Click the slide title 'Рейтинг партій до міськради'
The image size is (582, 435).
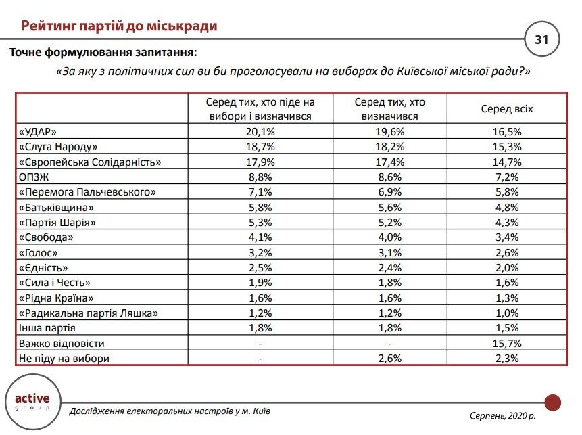pyautogui.click(x=118, y=26)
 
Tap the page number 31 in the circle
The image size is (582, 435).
pyautogui.click(x=542, y=40)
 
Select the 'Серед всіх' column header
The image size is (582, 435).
pyautogui.click(x=506, y=109)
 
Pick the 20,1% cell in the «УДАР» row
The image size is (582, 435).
pyautogui.click(x=261, y=131)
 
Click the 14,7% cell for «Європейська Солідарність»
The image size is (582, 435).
pyautogui.click(x=506, y=162)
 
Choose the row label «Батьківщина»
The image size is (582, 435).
pyautogui.click(x=56, y=208)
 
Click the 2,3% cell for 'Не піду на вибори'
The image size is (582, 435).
pyautogui.click(x=506, y=359)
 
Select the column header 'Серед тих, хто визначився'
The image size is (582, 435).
pyautogui.click(x=389, y=109)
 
